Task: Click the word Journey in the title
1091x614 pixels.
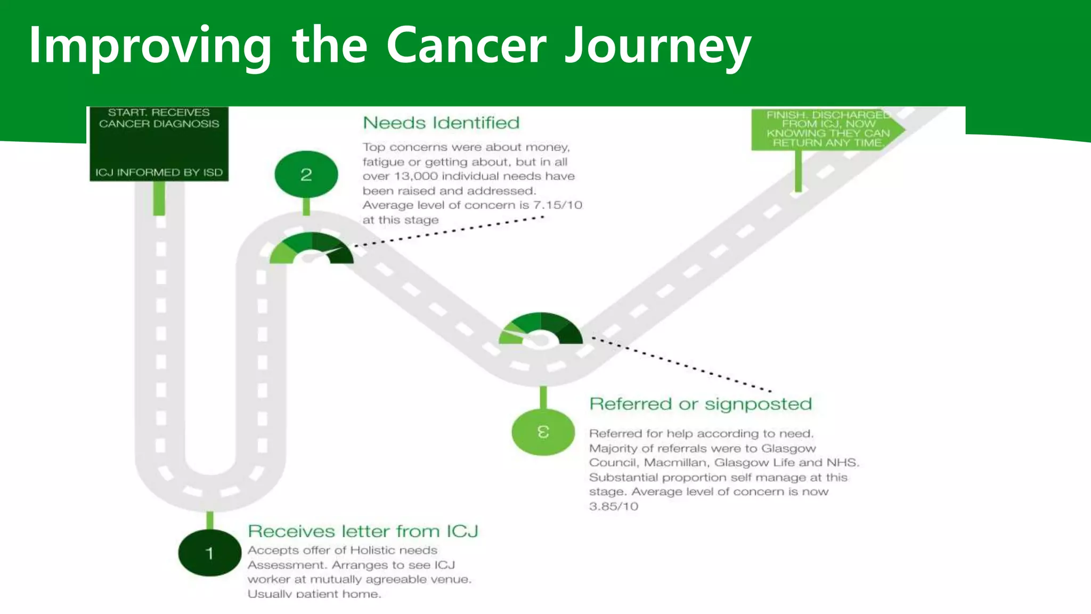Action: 657,46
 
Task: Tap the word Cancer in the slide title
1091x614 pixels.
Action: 466,46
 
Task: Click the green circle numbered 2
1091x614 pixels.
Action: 306,174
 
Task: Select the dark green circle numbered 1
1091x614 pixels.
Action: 209,553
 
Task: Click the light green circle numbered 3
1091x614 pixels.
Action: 543,431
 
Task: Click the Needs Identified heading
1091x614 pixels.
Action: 441,123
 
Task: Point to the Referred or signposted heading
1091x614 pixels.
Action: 700,404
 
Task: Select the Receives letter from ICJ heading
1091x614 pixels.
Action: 363,531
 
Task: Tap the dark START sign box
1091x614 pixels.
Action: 159,144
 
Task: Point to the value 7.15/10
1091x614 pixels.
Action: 557,205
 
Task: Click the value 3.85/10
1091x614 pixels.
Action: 613,506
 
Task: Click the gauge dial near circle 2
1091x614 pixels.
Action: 311,249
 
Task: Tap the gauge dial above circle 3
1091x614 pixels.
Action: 540,329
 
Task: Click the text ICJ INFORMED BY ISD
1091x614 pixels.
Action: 159,173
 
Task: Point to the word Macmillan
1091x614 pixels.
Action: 674,463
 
